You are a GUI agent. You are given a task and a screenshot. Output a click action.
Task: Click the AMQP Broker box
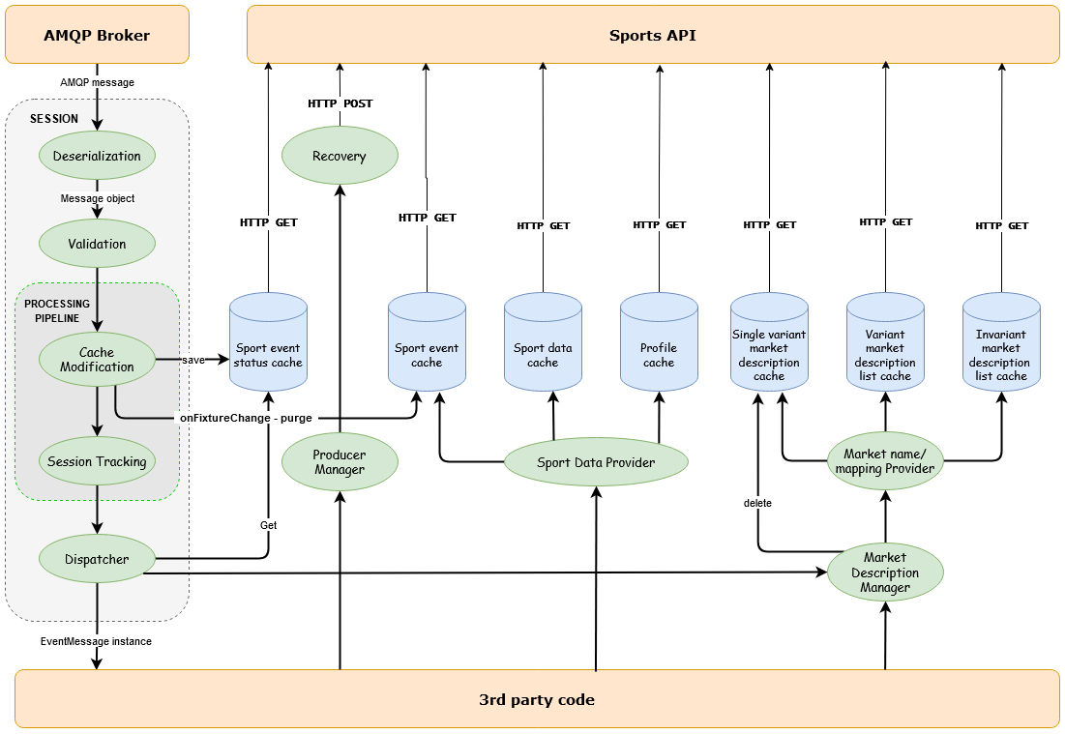tap(97, 35)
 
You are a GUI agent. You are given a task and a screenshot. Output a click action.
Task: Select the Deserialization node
tap(97, 156)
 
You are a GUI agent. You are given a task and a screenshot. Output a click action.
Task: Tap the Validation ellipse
tap(97, 244)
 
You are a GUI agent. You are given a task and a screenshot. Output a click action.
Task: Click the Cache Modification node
tap(97, 360)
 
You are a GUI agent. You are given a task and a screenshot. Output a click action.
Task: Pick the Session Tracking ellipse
tap(97, 461)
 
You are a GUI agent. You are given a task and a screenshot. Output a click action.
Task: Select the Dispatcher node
tap(97, 558)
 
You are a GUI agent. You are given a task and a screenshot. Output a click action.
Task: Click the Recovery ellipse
tap(340, 156)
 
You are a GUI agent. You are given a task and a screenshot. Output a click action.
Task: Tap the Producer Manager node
tap(340, 462)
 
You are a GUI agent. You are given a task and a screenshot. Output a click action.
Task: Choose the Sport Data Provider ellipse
tap(596, 462)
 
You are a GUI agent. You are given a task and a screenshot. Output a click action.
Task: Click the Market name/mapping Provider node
tap(885, 461)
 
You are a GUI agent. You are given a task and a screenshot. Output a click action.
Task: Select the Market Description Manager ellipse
tap(885, 573)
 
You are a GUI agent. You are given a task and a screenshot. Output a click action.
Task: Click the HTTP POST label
tap(340, 103)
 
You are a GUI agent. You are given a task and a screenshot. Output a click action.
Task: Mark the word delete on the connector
tap(757, 503)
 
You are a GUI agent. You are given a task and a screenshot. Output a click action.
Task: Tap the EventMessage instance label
tap(96, 641)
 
